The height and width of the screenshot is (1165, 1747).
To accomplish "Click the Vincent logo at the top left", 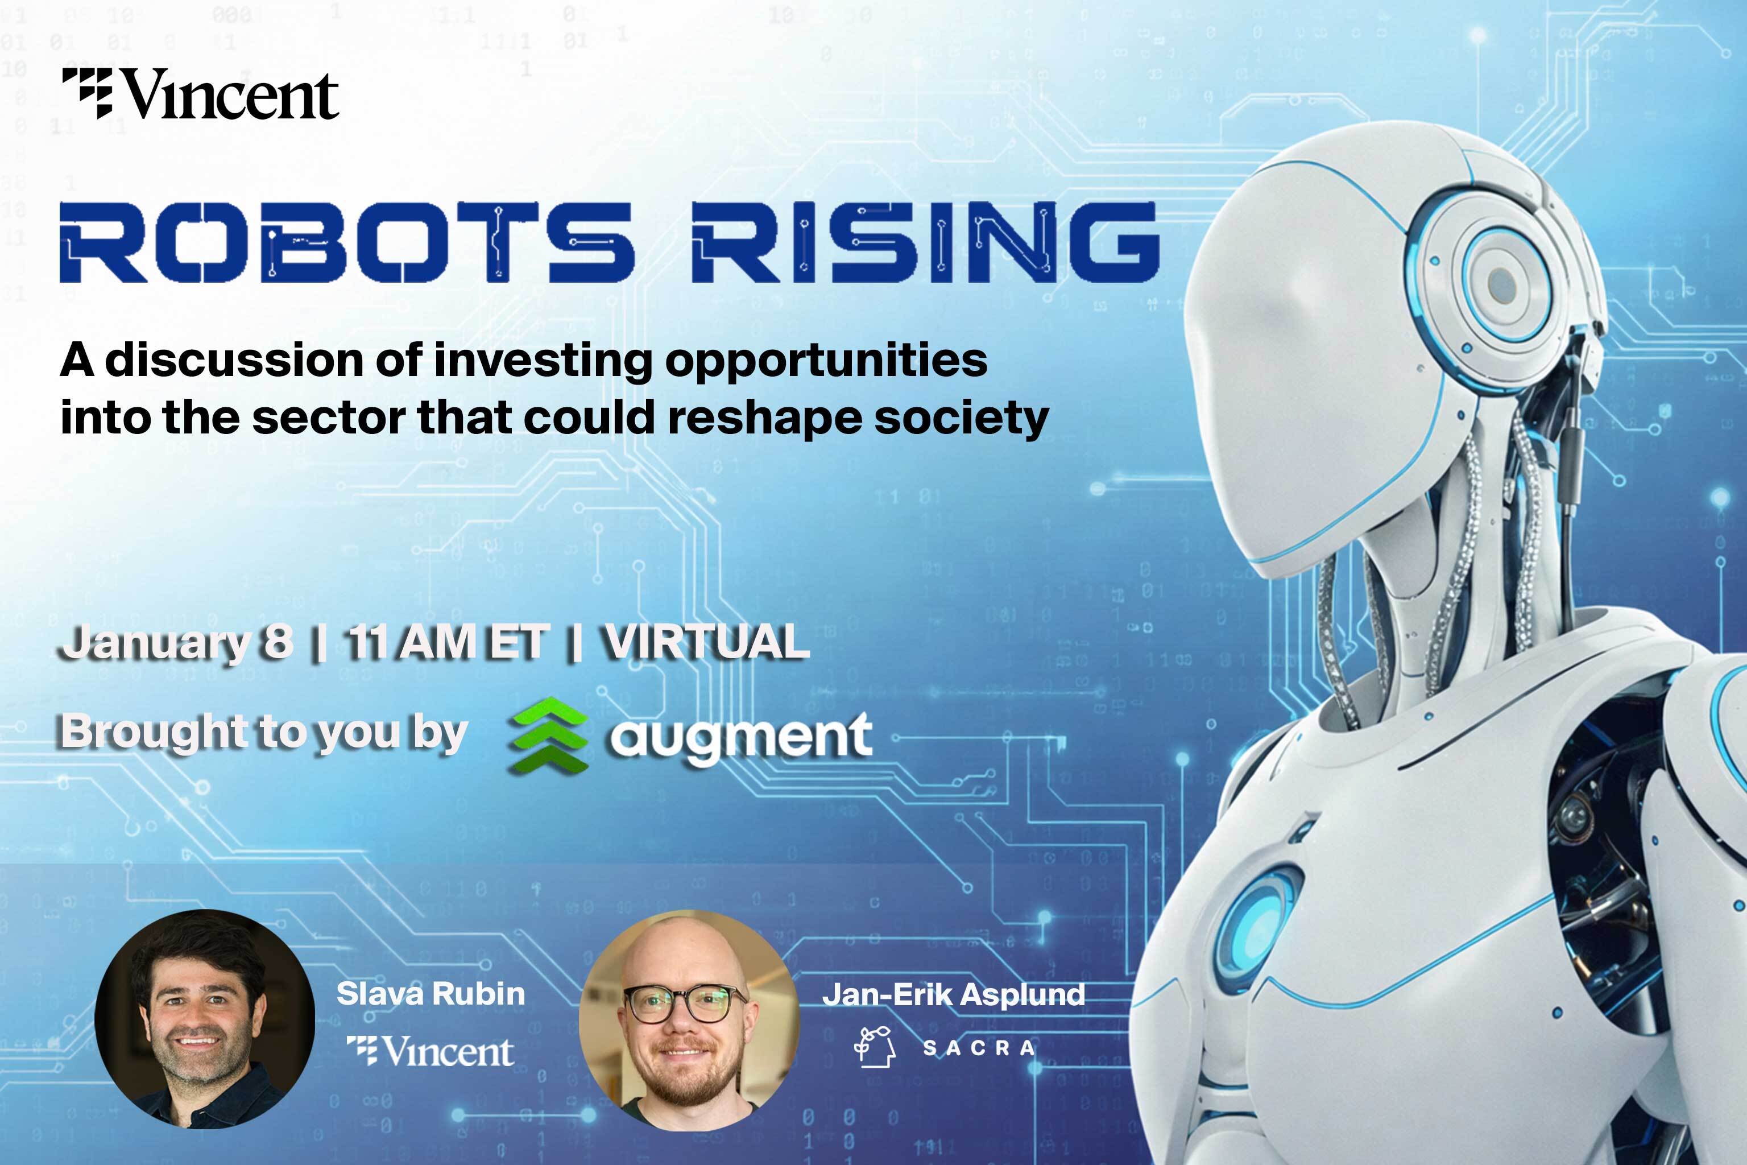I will [x=201, y=94].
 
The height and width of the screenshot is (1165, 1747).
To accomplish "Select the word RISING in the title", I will [x=924, y=242].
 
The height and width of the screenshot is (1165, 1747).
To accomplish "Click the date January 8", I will [x=178, y=642].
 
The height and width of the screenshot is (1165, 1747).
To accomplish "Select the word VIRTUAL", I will [x=706, y=642].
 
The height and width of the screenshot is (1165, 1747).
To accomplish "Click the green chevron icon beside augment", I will [x=548, y=735].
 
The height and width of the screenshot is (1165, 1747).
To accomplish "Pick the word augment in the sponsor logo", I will [x=740, y=737].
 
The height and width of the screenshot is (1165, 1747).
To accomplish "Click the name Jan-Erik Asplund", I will [x=954, y=995].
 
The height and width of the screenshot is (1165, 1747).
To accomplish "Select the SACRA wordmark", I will [x=979, y=1048].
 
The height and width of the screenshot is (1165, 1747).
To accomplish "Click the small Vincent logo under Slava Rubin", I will [x=431, y=1051].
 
